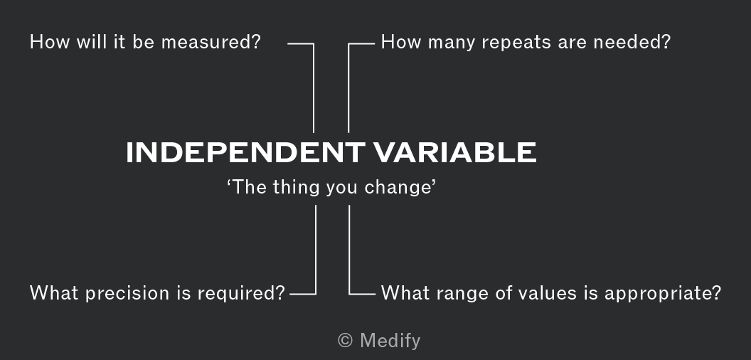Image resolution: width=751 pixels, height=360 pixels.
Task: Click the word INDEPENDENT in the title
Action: coord(245,152)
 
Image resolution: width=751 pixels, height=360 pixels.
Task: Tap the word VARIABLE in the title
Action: coord(455,152)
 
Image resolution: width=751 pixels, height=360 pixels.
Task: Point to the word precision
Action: coord(128,293)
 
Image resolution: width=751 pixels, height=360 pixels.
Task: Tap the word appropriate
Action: coord(662,293)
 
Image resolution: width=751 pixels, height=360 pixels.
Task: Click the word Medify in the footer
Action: coord(390,341)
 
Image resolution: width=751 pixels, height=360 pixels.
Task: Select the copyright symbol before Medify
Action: coord(346,341)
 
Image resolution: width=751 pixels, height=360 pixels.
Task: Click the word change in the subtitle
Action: coord(400,187)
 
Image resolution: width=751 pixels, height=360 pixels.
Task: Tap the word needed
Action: coord(632,42)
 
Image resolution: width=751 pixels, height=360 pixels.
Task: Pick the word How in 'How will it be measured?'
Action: coord(45,42)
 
